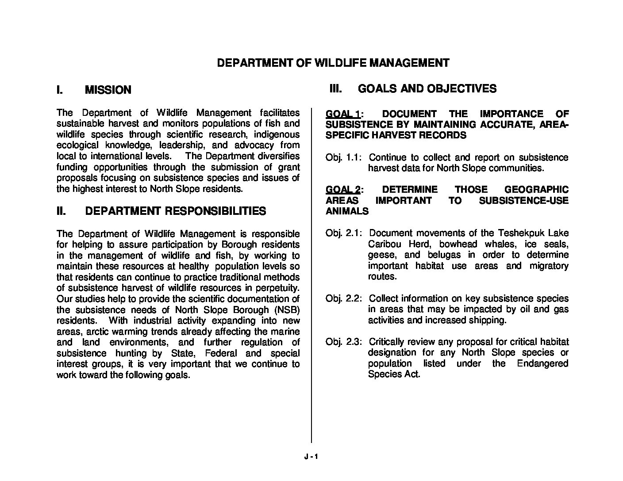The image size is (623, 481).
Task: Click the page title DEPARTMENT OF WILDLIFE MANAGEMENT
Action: point(333,63)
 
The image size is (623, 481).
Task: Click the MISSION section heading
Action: point(108,90)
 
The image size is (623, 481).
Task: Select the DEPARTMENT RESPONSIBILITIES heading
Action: point(175,211)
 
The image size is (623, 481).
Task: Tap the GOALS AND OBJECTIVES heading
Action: point(427,89)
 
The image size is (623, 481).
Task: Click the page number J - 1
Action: point(311,458)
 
